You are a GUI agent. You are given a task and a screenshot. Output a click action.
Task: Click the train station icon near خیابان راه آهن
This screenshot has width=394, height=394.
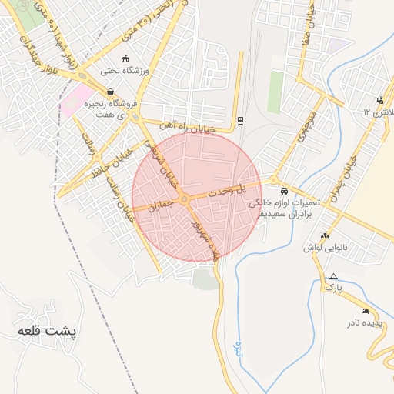[241, 119]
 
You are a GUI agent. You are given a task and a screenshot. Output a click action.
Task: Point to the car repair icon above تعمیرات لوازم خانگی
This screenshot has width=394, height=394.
[284, 190]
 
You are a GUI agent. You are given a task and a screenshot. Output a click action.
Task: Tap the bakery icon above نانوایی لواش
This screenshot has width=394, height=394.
[326, 236]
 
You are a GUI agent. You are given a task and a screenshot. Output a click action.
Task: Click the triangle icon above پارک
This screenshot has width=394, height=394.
[332, 276]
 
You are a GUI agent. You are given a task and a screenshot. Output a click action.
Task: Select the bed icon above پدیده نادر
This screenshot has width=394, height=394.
[365, 310]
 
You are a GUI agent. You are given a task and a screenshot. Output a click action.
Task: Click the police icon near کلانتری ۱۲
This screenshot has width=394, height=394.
[380, 100]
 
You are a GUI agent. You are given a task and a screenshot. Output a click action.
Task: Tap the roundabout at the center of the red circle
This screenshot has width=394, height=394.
[185, 199]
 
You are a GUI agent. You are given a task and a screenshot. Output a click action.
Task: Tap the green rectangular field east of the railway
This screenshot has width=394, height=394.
[275, 92]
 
